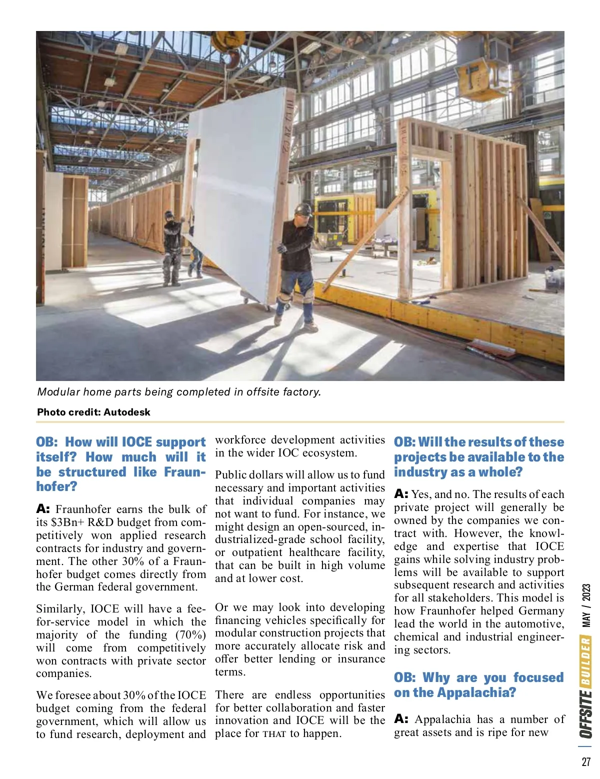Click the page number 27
point(586,761)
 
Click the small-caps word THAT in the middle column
point(274,734)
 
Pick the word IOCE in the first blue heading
point(136,442)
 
